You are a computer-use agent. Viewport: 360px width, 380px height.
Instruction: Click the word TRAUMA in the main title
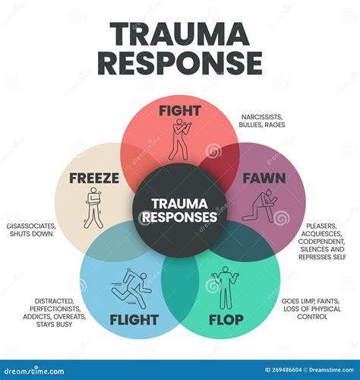(x=180, y=34)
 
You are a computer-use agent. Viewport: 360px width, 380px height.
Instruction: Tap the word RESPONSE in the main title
(x=180, y=63)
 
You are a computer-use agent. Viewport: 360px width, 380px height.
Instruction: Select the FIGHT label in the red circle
(x=180, y=111)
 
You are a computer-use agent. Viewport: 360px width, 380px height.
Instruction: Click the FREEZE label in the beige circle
(x=94, y=178)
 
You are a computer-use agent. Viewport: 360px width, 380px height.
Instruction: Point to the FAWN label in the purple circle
(x=264, y=178)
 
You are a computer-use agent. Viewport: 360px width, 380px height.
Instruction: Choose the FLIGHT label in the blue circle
(x=134, y=320)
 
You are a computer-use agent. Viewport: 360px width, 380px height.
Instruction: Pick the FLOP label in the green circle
(x=226, y=320)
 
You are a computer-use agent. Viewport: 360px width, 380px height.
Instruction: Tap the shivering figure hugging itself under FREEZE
(x=93, y=207)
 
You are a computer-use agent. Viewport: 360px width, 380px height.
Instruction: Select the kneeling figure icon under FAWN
(x=261, y=206)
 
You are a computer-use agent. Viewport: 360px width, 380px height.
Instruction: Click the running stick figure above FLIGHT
(x=131, y=288)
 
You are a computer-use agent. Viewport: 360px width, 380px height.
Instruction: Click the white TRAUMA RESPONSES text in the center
(x=179, y=211)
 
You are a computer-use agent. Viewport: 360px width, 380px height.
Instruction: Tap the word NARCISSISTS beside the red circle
(x=262, y=117)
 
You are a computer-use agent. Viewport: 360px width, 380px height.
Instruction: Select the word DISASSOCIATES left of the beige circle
(x=31, y=226)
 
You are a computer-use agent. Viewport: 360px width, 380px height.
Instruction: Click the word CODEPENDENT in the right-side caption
(x=321, y=241)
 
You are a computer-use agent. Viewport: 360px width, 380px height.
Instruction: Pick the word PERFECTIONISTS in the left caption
(x=55, y=309)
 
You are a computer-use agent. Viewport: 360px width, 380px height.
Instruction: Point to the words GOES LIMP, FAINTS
(x=311, y=301)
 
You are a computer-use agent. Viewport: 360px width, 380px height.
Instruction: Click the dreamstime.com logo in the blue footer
(x=34, y=371)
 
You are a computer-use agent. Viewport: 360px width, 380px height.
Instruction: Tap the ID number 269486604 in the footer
(x=286, y=370)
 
